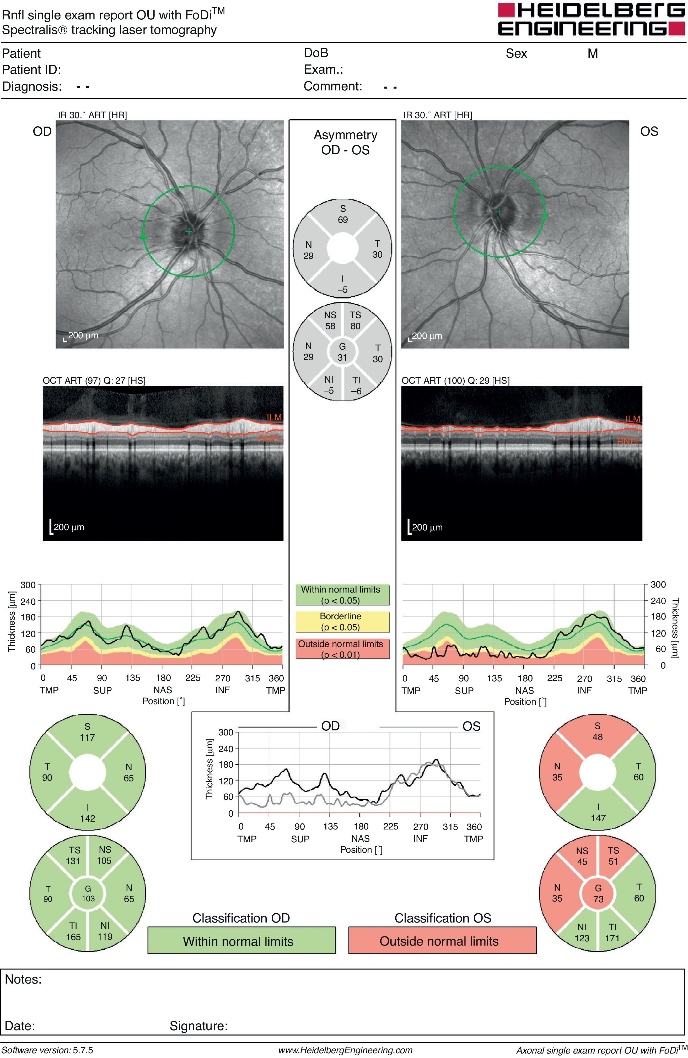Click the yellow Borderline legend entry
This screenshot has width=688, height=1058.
point(342,621)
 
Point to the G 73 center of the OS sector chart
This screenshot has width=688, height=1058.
point(598,893)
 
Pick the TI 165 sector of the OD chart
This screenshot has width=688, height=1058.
point(73,931)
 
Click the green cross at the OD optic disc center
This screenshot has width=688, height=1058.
point(189,231)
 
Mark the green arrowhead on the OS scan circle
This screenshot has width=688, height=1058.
point(545,216)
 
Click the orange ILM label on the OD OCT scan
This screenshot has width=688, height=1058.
point(274,417)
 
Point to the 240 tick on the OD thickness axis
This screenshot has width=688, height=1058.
point(28,601)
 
